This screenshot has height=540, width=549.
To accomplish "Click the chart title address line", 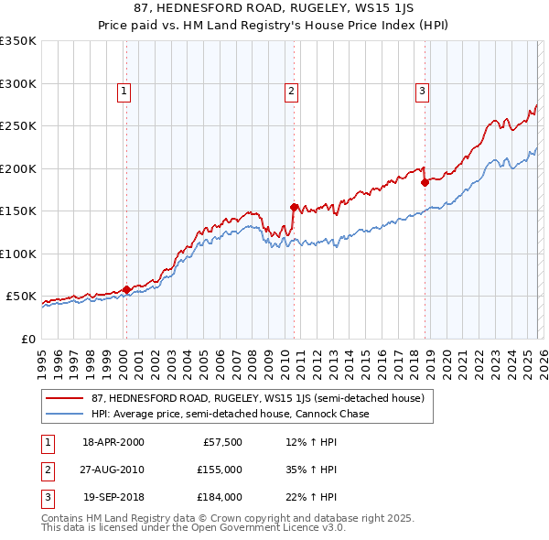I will pyautogui.click(x=274, y=9).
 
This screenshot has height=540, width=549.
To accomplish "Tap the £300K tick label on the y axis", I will pyautogui.click(x=18, y=83).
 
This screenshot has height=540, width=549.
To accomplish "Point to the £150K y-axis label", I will pyautogui.click(x=18, y=211).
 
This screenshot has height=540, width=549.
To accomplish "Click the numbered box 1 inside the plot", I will pyautogui.click(x=124, y=91).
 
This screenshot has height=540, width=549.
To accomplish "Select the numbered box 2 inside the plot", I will pyautogui.click(x=291, y=91).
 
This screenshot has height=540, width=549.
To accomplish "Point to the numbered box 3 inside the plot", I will pyautogui.click(x=422, y=91).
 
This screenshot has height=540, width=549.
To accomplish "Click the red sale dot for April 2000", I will pyautogui.click(x=126, y=290).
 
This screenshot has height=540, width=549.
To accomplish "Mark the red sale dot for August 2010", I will pyautogui.click(x=294, y=207).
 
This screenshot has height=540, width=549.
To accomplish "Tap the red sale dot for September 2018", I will pyautogui.click(x=425, y=182).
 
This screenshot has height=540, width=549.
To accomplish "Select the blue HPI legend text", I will pyautogui.click(x=230, y=415).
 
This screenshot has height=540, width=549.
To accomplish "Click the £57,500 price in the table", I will pyautogui.click(x=223, y=442).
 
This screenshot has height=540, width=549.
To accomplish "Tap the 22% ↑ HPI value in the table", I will pyautogui.click(x=311, y=497).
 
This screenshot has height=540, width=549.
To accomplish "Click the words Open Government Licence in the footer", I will pyautogui.click(x=269, y=528).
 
